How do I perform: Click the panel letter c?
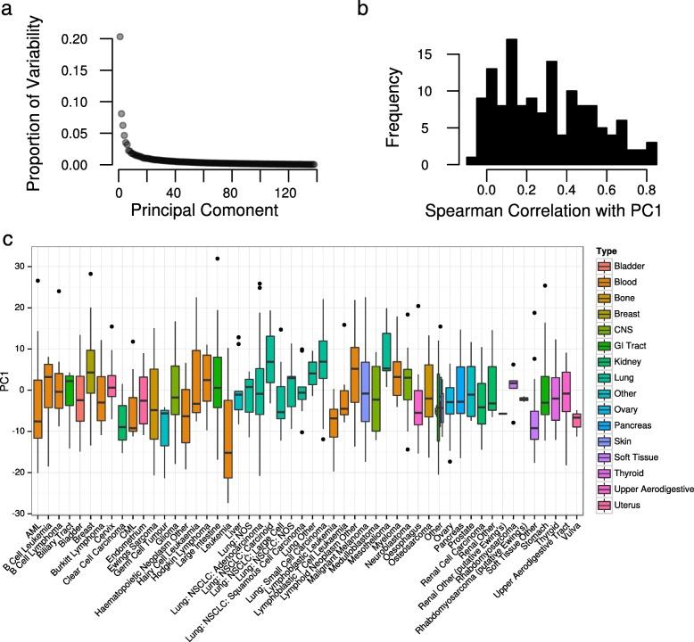[6, 240]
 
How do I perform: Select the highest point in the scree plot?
[120, 37]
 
